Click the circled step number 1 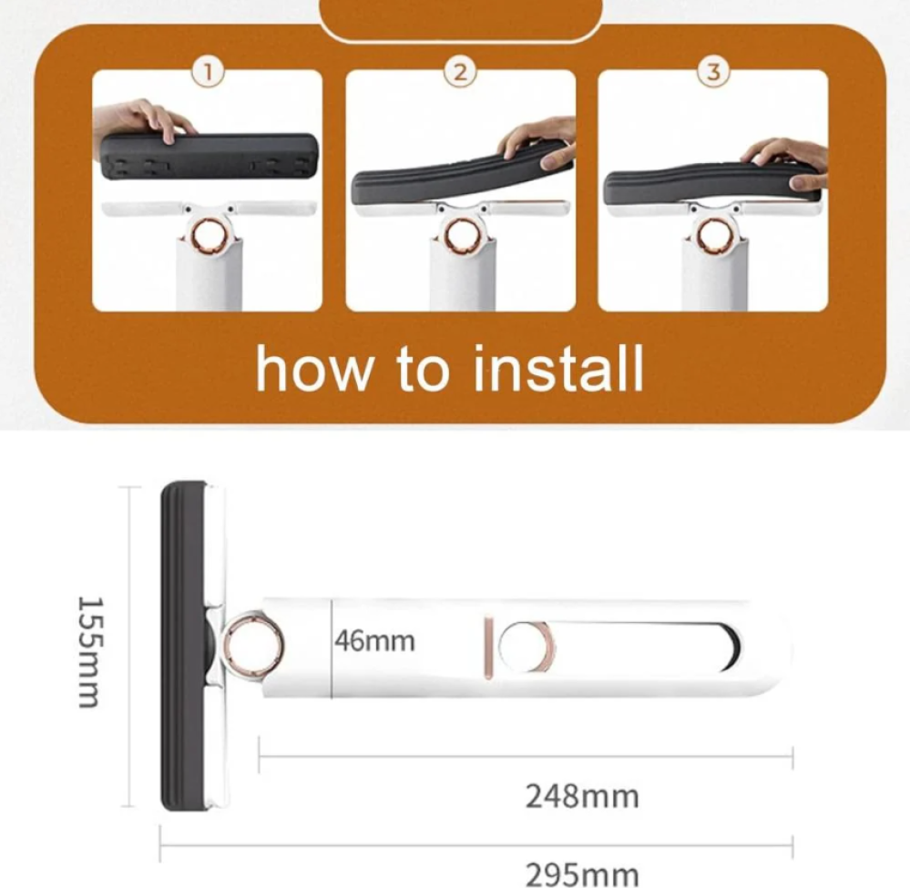[208, 73]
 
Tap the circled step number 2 [460, 73]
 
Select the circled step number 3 [713, 73]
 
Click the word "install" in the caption [558, 369]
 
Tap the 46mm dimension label [375, 641]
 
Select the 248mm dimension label [582, 796]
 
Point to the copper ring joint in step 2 [461, 236]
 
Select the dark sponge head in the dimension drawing [183, 645]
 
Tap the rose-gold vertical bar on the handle [488, 648]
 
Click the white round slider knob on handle [527, 647]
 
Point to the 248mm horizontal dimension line [526, 756]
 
